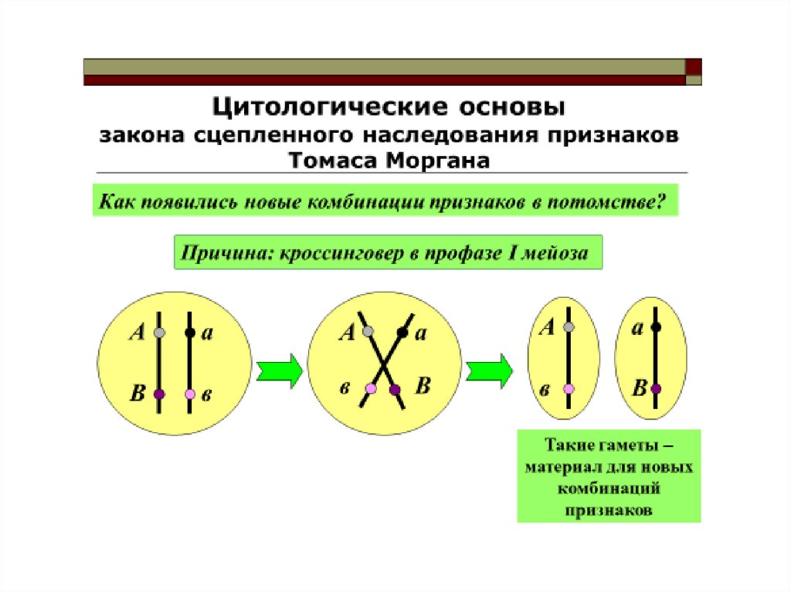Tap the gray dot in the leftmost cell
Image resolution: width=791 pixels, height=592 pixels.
pos(159,333)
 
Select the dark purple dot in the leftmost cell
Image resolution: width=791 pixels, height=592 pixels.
pos(159,394)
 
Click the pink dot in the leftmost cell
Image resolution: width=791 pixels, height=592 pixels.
pos(190,394)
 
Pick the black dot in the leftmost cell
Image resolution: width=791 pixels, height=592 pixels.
pos(190,333)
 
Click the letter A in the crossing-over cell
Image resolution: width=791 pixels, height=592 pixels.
pos(347,333)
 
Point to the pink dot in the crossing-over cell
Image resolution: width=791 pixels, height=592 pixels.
pos(371,388)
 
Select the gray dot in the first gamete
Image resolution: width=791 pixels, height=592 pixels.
pos(569,327)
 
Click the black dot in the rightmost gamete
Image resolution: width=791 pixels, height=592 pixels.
pos(656,327)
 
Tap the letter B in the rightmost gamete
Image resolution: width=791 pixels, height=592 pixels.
pos(638,387)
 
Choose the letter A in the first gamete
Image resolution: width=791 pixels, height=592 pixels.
pos(547,328)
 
